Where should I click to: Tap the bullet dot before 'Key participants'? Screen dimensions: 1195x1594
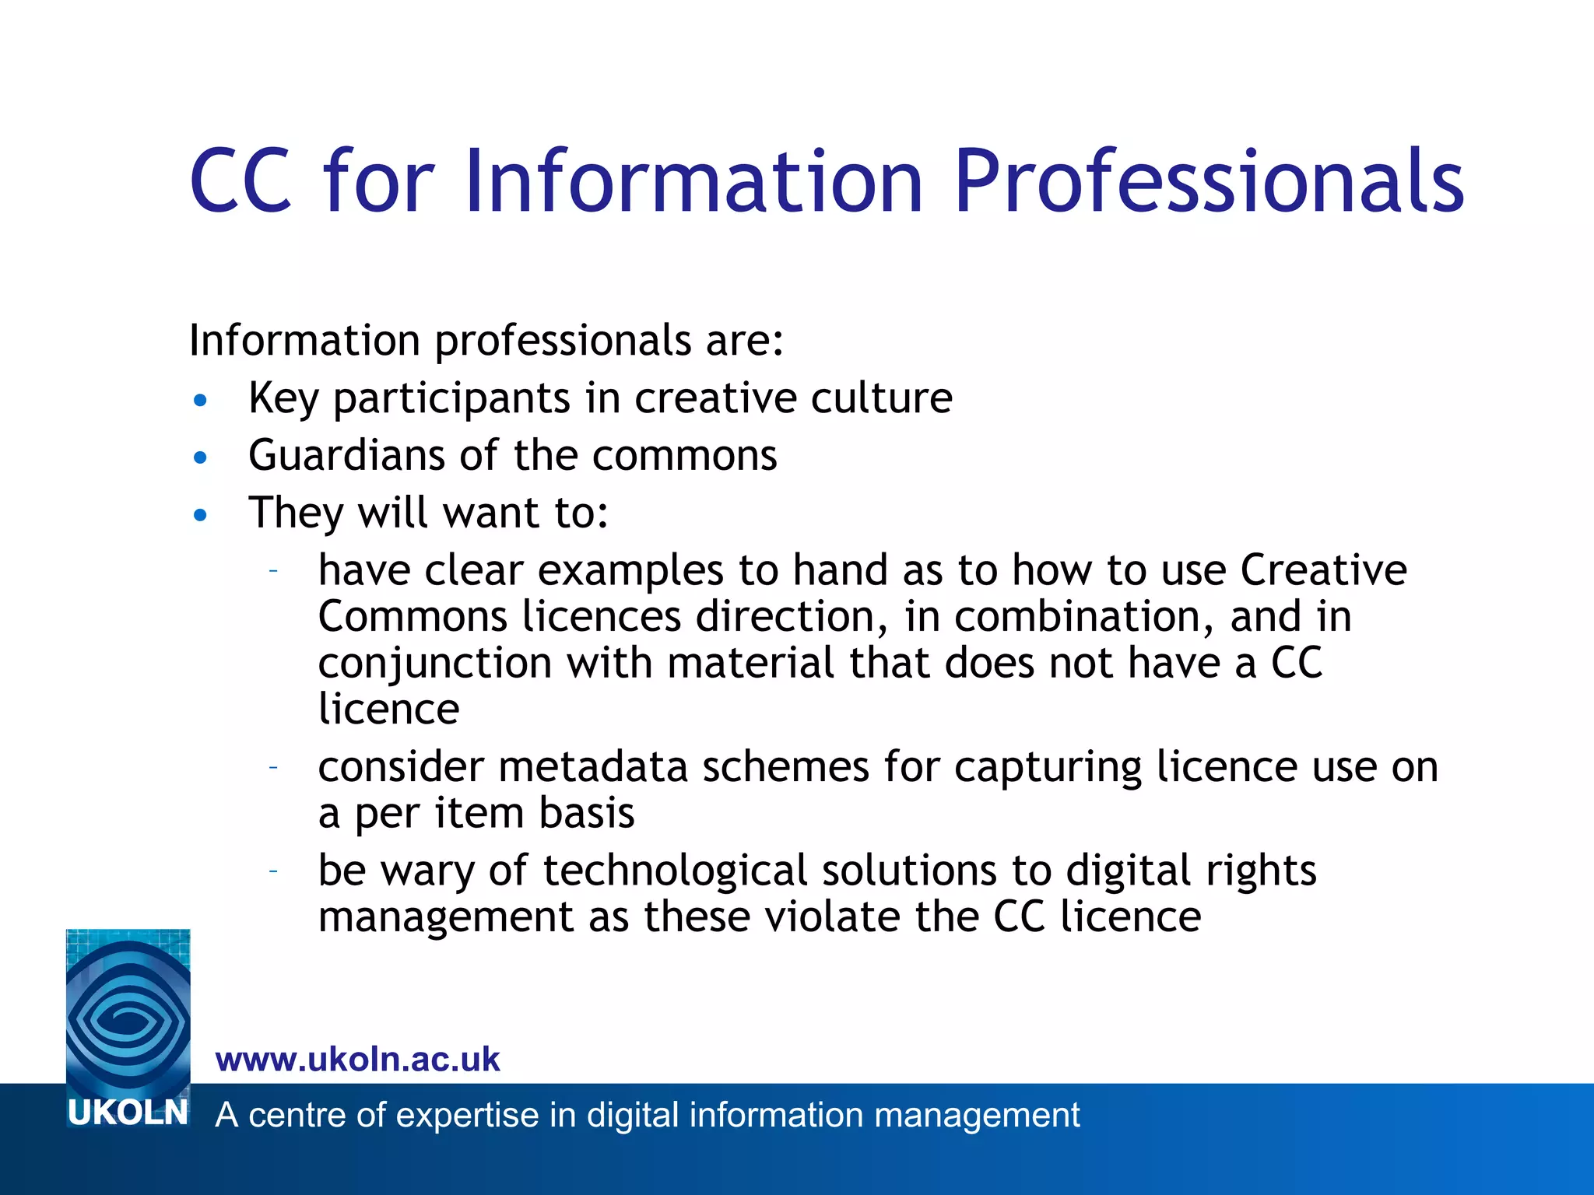201,401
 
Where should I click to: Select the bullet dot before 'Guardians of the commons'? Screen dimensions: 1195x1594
201,457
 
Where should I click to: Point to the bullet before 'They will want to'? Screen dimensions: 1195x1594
201,515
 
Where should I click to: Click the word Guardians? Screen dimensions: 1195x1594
346,455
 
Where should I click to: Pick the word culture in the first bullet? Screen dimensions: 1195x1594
881,398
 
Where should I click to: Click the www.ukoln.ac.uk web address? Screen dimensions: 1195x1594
358,1060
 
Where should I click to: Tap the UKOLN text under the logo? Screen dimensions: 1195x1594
128,1113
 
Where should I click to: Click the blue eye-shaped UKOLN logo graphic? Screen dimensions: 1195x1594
128,1011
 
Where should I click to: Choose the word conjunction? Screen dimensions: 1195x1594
435,664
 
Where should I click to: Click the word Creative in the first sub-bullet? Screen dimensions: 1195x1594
1323,570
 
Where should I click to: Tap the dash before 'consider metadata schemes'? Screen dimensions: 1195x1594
273,767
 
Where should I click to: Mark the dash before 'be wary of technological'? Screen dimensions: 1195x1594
273,871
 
